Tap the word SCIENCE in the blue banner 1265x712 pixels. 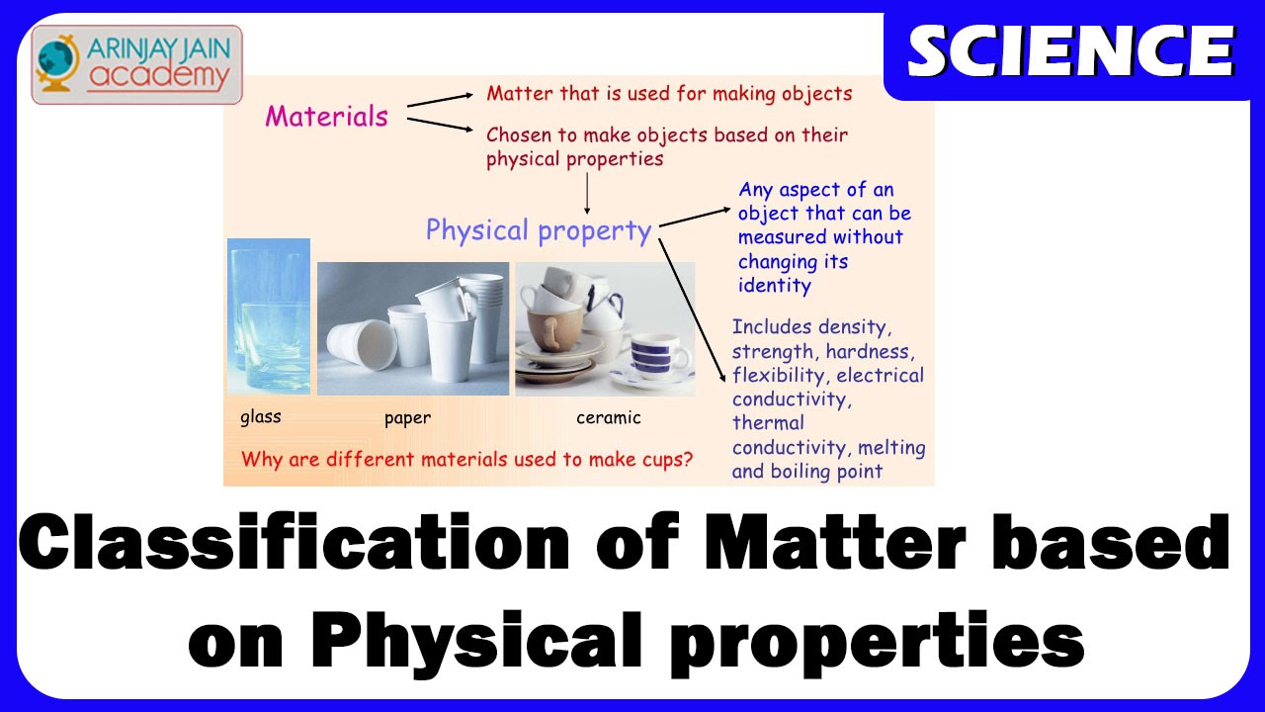tap(1071, 51)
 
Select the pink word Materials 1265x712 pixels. tap(326, 117)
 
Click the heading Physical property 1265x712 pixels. tap(539, 231)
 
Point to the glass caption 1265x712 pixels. tap(260, 417)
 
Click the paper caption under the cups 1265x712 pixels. tap(407, 418)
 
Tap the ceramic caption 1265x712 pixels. tap(608, 417)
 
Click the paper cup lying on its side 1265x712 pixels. tap(362, 345)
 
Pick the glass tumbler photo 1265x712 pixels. tap(269, 316)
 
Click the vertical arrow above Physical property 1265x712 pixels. tap(587, 193)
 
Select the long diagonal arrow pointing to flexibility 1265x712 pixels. tap(693, 311)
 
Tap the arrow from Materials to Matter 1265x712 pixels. tap(440, 100)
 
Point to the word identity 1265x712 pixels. tap(774, 286)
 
